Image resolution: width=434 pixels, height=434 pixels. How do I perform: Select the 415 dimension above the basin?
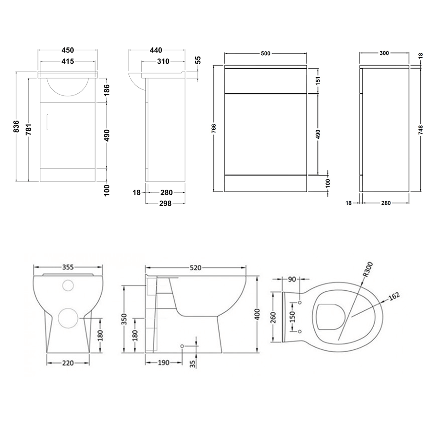(x=66, y=62)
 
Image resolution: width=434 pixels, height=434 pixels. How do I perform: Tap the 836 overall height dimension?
(x=16, y=126)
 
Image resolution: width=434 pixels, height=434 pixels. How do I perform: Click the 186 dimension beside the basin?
(x=107, y=90)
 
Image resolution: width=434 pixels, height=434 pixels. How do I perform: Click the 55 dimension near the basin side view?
(x=198, y=60)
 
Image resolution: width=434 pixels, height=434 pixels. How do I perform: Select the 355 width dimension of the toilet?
(x=69, y=267)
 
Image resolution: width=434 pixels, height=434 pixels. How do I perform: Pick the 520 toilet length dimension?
(x=195, y=268)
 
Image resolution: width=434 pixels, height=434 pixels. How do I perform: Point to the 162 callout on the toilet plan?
(x=394, y=296)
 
